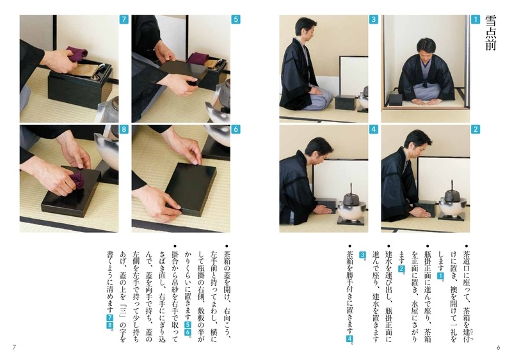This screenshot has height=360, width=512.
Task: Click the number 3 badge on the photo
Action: tap(374, 20)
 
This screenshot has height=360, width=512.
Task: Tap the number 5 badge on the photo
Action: tap(236, 20)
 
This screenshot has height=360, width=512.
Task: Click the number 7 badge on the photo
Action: tap(124, 20)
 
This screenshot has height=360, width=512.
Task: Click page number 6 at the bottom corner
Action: tap(498, 347)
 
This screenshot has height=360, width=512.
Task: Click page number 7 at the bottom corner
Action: tap(14, 347)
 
